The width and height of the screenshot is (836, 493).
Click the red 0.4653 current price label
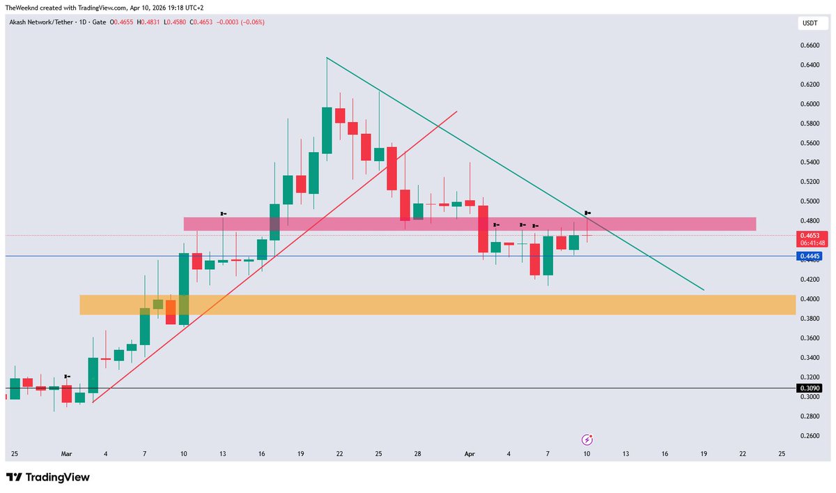click(812, 236)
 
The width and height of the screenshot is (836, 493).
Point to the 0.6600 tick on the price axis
click(809, 46)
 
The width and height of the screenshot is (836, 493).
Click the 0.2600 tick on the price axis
click(809, 436)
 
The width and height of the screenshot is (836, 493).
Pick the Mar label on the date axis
click(66, 454)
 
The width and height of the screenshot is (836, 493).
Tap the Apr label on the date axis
click(470, 454)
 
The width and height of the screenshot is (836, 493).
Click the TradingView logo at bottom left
click(48, 478)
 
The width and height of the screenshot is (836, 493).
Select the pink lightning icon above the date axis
click(587, 439)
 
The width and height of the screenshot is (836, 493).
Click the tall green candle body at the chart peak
click(327, 130)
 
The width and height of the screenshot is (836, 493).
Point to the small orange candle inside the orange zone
click(171, 312)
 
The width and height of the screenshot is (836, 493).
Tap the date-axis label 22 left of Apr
click(339, 454)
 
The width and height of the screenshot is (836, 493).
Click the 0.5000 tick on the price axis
click(809, 202)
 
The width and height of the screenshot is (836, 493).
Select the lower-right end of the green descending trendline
click(704, 289)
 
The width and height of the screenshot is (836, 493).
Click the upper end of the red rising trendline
click(457, 111)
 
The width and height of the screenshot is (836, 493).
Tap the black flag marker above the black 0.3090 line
click(67, 377)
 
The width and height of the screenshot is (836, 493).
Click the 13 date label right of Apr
click(626, 454)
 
